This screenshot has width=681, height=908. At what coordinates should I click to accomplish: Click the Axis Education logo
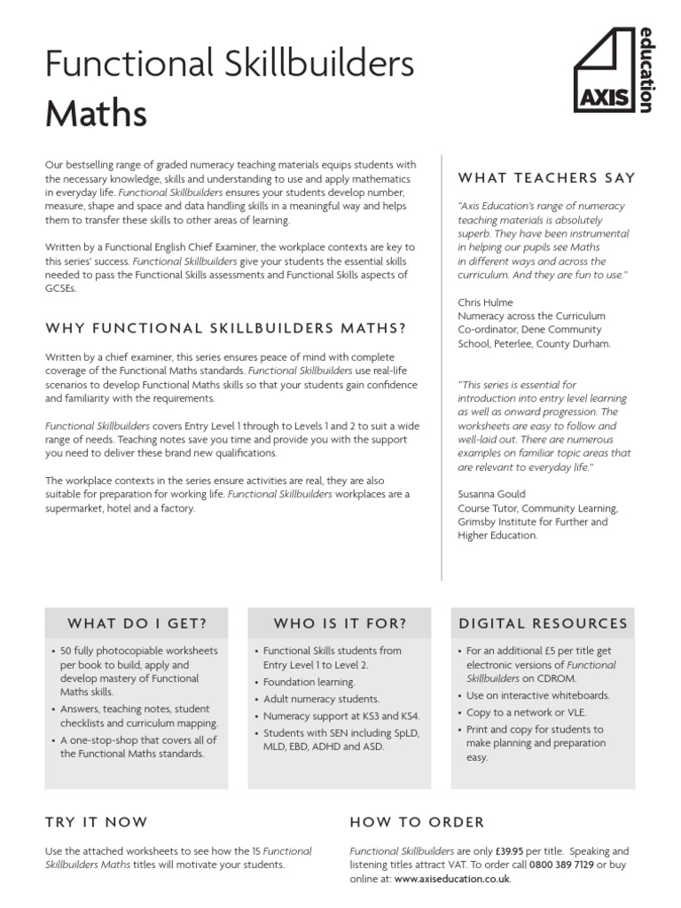[x=613, y=70]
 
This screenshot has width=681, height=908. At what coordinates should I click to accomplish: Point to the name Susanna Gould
[x=492, y=494]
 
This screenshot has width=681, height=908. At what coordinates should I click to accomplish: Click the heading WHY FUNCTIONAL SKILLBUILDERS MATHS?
[x=225, y=328]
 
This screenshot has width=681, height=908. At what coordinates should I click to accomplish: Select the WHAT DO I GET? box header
[x=137, y=623]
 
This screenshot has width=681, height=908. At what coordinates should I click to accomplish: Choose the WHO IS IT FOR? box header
[x=340, y=623]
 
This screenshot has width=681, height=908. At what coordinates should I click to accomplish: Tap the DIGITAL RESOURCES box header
[x=543, y=623]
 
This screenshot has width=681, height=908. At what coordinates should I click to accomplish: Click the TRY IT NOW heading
[x=97, y=822]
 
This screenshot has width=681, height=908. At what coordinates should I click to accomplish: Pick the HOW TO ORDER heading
[x=417, y=822]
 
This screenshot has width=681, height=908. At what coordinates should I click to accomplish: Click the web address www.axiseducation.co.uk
[x=452, y=879]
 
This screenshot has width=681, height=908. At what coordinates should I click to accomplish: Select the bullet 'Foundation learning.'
[x=309, y=682]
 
